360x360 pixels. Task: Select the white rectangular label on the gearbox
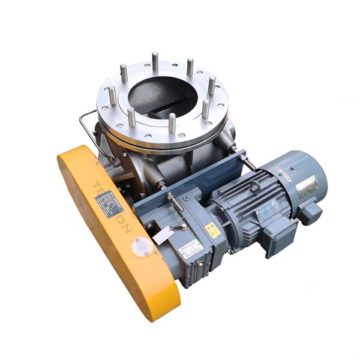189,247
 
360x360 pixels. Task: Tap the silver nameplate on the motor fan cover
307,187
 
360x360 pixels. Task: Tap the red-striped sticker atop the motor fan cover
292,163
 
